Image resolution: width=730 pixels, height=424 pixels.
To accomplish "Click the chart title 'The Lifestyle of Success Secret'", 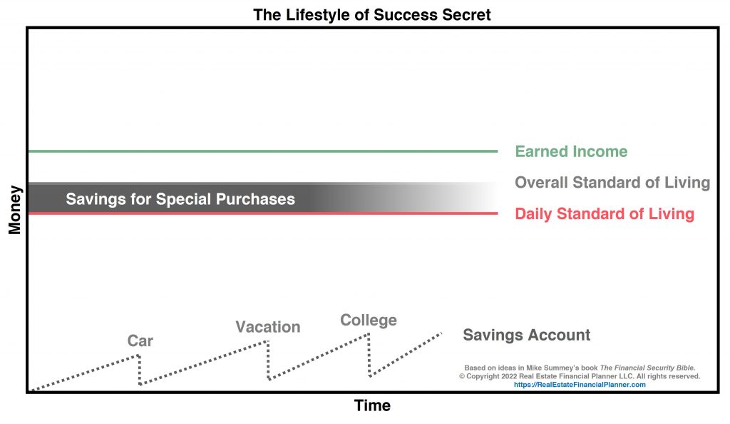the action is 372,14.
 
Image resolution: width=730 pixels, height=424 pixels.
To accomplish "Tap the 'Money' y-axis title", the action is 15,210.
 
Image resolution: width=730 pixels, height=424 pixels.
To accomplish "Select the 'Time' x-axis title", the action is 372,405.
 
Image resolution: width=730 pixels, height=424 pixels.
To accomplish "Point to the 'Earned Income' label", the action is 571,151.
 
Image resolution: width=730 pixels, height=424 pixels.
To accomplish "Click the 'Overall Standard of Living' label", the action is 612,183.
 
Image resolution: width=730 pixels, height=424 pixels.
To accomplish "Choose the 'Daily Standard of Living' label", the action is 605,214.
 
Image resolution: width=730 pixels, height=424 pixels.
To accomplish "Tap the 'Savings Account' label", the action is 527,335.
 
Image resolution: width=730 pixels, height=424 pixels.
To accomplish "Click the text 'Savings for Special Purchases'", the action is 180,199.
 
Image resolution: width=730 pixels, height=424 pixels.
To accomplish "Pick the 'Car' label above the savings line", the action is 140,340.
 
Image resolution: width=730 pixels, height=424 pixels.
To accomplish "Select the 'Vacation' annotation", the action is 268,327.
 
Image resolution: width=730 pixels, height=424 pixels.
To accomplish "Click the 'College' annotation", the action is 369,320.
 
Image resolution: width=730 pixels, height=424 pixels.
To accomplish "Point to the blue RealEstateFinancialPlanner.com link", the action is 580,385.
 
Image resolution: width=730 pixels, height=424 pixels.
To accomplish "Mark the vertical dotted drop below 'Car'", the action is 139,370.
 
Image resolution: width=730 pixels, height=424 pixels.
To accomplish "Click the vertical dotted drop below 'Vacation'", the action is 268,360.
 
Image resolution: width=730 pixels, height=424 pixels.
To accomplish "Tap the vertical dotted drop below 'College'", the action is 369,355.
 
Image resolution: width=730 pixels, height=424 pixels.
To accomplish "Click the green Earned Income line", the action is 263,151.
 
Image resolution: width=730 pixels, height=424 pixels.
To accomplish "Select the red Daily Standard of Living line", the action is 263,213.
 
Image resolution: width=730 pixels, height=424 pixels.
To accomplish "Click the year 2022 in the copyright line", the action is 509,376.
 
